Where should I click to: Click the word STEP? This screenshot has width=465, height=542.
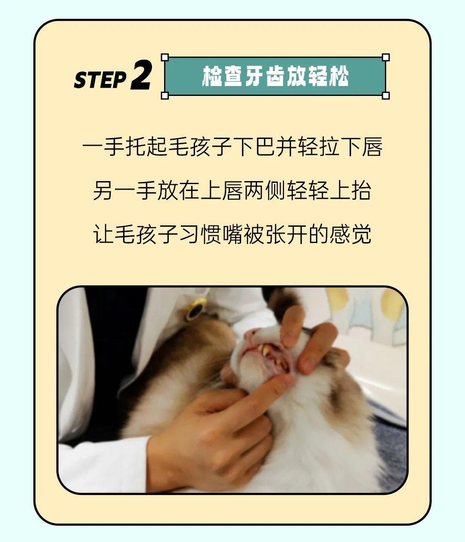pyautogui.click(x=100, y=80)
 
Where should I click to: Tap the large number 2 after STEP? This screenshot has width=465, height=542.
pyautogui.click(x=142, y=75)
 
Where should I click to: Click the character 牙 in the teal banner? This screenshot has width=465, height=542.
pyautogui.click(x=254, y=76)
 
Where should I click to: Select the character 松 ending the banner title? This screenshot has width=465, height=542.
pyautogui.click(x=339, y=76)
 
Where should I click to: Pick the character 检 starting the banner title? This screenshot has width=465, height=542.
pyautogui.click(x=212, y=76)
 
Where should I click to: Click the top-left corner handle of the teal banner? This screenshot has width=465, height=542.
pyautogui.click(x=165, y=57)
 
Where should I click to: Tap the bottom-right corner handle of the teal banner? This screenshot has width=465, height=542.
pyautogui.click(x=385, y=95)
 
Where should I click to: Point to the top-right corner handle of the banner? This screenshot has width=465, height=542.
pyautogui.click(x=385, y=57)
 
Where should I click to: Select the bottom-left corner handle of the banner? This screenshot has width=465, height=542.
pyautogui.click(x=165, y=95)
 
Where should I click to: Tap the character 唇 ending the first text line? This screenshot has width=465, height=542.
pyautogui.click(x=372, y=146)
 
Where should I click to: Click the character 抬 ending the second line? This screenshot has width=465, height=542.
pyautogui.click(x=361, y=191)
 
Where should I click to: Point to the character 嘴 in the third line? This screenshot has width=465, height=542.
pyautogui.click(x=233, y=234)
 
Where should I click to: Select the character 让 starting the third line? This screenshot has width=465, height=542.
pyautogui.click(x=103, y=234)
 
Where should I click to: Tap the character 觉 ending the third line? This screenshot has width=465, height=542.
pyautogui.click(x=362, y=234)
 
